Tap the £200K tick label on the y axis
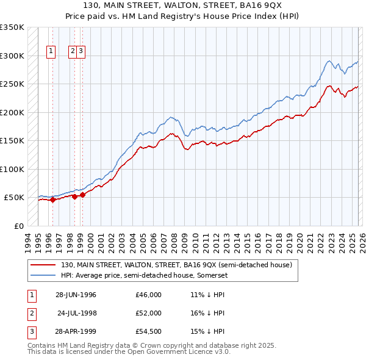point(12,112)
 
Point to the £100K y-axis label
point(12,169)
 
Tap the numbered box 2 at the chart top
point(73,52)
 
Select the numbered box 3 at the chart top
point(81,52)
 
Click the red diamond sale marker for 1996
point(52,200)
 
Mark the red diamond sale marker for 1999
point(82,195)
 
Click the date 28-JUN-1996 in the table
point(76,295)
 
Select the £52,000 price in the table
point(149,313)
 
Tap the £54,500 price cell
point(149,331)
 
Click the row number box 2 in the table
point(31,313)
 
